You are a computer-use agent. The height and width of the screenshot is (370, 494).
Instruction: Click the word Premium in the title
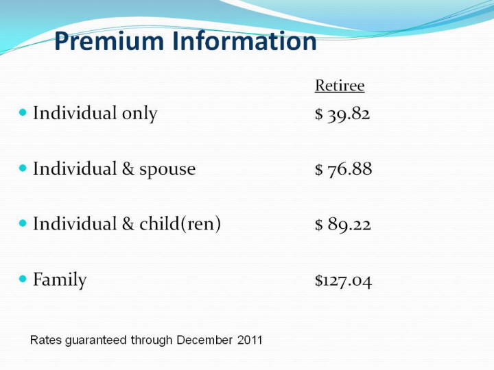(x=109, y=41)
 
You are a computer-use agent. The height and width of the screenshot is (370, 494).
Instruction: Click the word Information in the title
(x=244, y=40)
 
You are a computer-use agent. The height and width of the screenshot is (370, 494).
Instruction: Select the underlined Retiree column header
(x=340, y=85)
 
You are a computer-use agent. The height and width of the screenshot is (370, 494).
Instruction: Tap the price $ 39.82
(x=342, y=114)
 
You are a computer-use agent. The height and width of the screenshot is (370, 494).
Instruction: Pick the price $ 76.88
(x=344, y=169)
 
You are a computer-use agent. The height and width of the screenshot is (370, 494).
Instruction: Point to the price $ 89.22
(x=343, y=224)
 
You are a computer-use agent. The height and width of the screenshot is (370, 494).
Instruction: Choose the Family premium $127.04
(x=344, y=280)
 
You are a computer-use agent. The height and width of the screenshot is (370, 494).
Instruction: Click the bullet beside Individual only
(x=23, y=112)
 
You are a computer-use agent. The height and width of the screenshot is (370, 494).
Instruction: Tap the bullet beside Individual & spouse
(x=23, y=168)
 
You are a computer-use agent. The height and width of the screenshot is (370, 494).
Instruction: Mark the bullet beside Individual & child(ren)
(x=23, y=223)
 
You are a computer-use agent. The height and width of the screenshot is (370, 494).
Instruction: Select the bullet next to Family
(x=23, y=278)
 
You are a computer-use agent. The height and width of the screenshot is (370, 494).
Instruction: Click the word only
(x=139, y=114)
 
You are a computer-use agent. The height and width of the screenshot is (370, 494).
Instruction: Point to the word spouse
(x=167, y=171)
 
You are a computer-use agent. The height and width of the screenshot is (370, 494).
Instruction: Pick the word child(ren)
(x=180, y=224)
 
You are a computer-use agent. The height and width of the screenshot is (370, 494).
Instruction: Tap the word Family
(x=60, y=280)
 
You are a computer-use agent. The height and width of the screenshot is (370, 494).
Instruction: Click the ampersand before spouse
(x=128, y=169)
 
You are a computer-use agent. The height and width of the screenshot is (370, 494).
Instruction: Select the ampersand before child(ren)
(x=128, y=224)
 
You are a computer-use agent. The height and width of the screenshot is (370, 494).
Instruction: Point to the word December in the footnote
(x=204, y=340)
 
